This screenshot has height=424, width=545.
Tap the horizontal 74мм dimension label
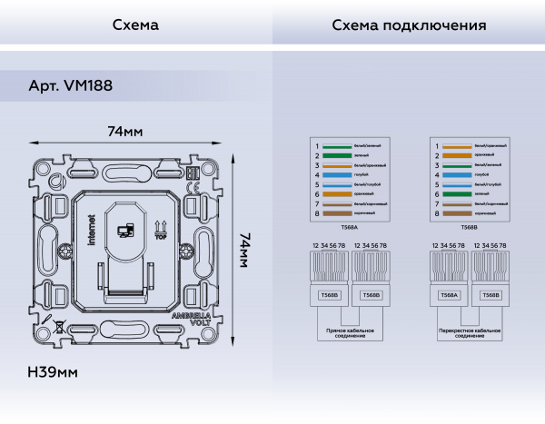coord(124,132)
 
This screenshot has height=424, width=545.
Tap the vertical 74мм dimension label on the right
coord(244,248)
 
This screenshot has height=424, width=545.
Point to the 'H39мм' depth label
coord(53,372)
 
